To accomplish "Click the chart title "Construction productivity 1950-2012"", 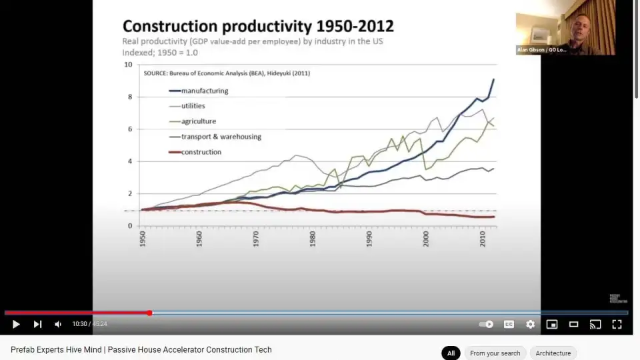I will point(258,26).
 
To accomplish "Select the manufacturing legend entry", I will point(204,91).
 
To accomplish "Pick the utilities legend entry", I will point(193,106).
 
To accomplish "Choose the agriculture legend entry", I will point(198,121).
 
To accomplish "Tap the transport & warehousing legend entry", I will point(221,137).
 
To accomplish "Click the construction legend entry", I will point(201,152).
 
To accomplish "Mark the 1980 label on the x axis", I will point(313,239).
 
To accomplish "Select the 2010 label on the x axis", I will point(483,239).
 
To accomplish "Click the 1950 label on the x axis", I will point(143,239).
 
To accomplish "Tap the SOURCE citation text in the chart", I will point(227,73).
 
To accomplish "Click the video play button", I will point(16,324).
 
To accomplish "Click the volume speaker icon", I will point(58,324).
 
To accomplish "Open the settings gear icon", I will point(530,324).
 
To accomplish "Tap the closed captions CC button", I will point(509,324).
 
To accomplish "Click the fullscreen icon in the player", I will point(617,324).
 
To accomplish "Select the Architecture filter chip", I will point(553,353).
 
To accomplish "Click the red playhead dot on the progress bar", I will point(149,313).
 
